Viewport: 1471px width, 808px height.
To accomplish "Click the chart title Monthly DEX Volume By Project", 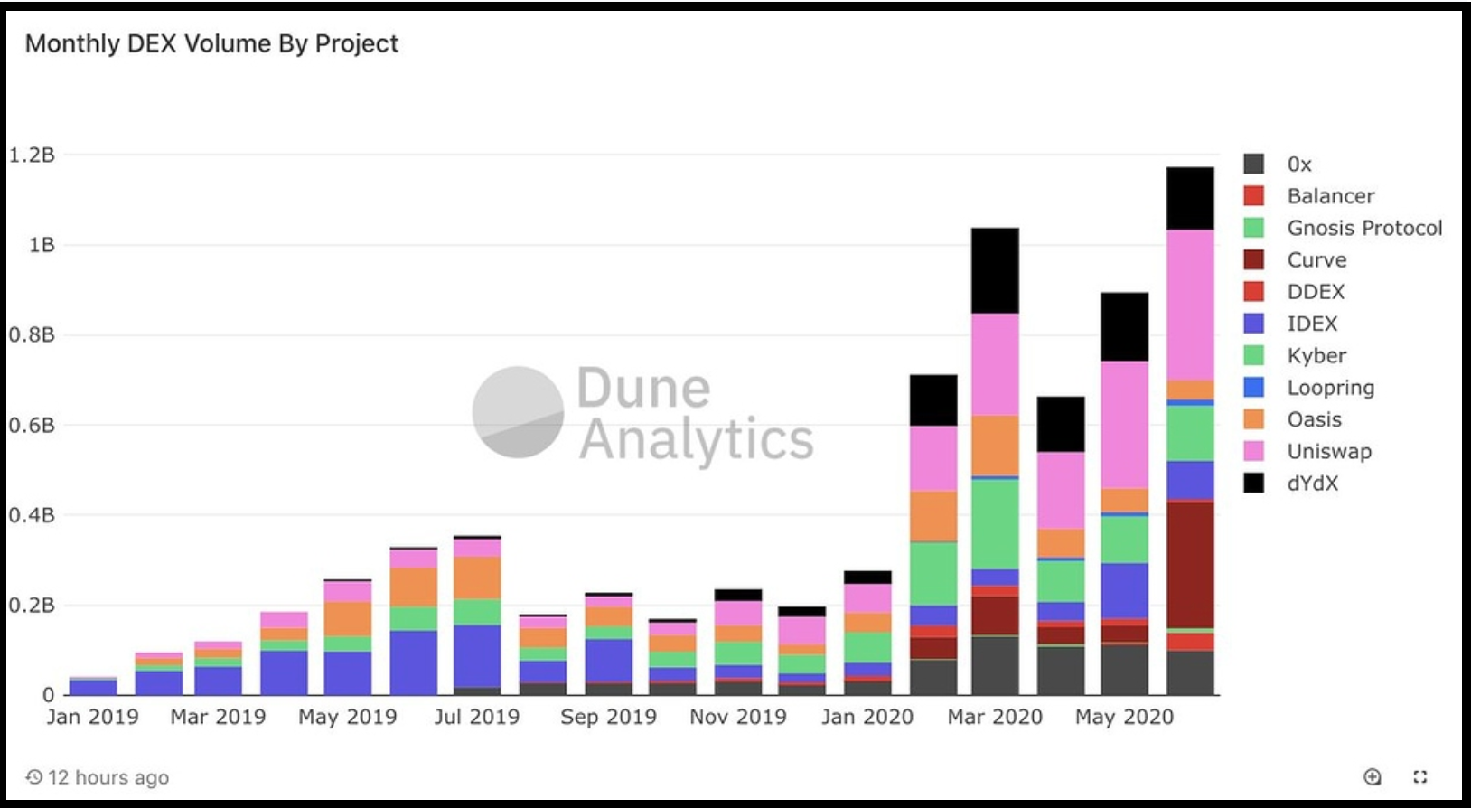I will (211, 43).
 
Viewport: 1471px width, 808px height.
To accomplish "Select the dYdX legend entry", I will (1312, 484).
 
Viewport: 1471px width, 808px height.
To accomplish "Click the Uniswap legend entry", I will (1328, 451).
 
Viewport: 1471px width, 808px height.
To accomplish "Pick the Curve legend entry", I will (1316, 260).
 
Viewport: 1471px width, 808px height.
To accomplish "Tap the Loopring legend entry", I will (1330, 388).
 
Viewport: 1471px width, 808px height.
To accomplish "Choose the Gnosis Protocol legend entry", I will (1363, 228).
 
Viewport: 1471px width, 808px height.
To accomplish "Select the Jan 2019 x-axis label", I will (92, 717).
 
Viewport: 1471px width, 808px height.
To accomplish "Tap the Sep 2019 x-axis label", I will (608, 717).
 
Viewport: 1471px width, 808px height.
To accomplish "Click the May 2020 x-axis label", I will (1124, 717).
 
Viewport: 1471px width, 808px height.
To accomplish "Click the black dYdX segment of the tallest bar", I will (1190, 199).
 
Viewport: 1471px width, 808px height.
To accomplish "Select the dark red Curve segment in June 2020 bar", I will (1190, 565).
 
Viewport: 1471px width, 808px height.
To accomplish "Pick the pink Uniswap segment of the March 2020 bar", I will (995, 364).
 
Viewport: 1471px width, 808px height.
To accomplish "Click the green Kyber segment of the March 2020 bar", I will (995, 524).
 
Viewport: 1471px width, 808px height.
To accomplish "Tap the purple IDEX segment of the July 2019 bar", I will (477, 655).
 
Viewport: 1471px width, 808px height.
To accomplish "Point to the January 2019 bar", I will (93, 686).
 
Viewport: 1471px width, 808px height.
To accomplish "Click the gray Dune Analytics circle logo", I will (518, 412).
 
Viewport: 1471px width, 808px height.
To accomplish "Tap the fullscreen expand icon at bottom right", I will (1419, 776).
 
